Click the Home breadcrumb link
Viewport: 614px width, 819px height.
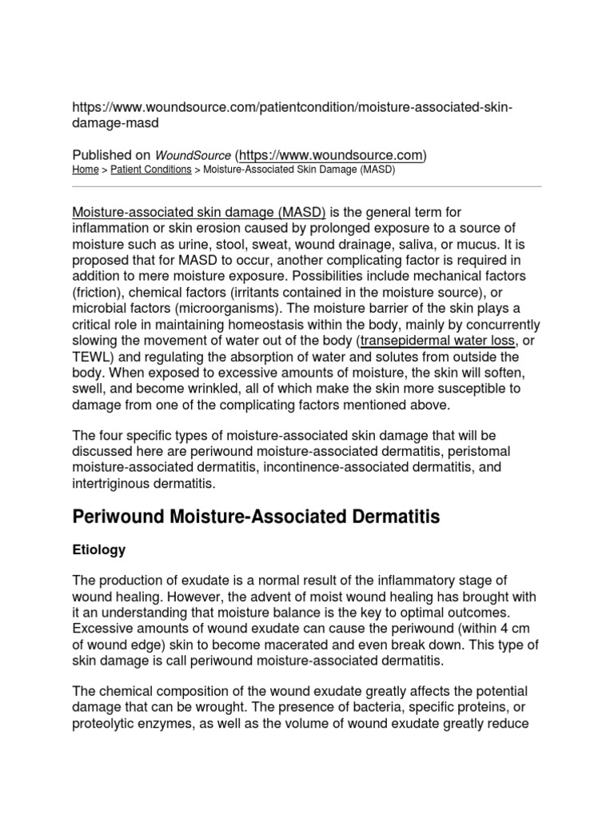84,170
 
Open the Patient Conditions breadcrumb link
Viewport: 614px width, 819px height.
151,170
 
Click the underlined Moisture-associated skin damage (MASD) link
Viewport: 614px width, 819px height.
199,212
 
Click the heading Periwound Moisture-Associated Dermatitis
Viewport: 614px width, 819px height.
256,517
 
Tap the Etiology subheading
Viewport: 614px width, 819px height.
99,550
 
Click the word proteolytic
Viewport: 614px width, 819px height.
110,724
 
